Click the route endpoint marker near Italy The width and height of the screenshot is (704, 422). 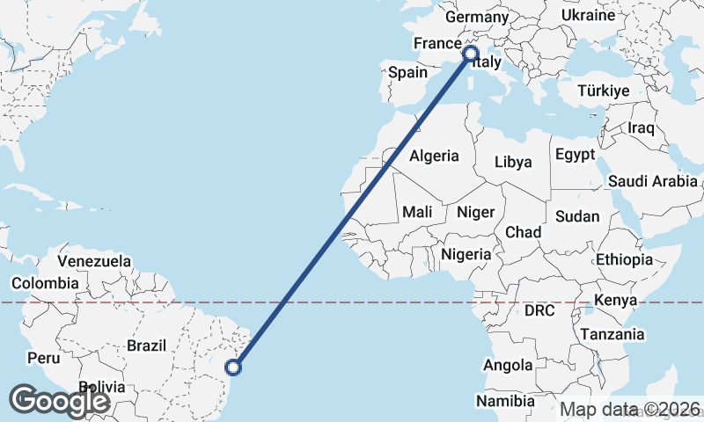[x=470, y=54]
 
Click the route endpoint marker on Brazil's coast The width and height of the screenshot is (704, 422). [x=234, y=367]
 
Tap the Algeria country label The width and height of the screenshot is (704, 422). [x=435, y=156]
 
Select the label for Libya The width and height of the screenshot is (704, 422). [x=513, y=162]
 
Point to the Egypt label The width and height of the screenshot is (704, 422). [x=576, y=155]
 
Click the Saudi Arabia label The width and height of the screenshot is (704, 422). [x=652, y=182]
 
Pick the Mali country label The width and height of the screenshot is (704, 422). [x=417, y=212]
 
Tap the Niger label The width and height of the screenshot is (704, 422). [x=476, y=212]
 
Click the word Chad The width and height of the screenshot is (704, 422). [x=523, y=232]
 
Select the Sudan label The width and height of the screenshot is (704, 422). [x=577, y=216]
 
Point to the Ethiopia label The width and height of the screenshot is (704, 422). [x=624, y=259]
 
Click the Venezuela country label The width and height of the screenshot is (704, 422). [x=94, y=261]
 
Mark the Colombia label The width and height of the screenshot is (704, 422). [x=44, y=283]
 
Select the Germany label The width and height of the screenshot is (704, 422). [x=477, y=18]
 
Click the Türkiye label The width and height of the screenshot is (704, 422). [x=604, y=91]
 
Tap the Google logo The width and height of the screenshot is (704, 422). [x=60, y=401]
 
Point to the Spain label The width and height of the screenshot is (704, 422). [x=407, y=73]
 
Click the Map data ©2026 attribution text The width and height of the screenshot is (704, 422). [x=630, y=409]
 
